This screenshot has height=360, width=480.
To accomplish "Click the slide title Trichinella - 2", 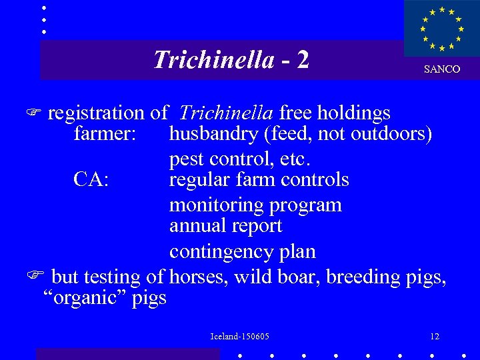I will tap(231, 60).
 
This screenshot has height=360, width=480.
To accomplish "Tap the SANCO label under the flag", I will tap(442, 69).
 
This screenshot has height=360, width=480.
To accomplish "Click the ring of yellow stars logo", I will tap(441, 29).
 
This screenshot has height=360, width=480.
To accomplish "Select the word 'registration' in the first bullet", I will tap(96, 113).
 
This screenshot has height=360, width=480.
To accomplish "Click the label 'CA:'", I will tap(91, 179).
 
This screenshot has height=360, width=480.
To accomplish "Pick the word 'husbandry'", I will tap(214, 134).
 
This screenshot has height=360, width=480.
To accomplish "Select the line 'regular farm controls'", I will tap(259, 179).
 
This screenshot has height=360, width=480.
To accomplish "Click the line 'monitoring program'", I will tap(255, 205).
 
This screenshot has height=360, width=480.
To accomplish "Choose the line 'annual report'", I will tap(225, 226).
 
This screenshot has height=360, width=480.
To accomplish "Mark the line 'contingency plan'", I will tap(242, 252).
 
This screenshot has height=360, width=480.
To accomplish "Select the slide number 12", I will tap(435, 337).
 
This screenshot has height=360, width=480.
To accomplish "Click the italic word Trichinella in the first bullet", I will tap(227, 113).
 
